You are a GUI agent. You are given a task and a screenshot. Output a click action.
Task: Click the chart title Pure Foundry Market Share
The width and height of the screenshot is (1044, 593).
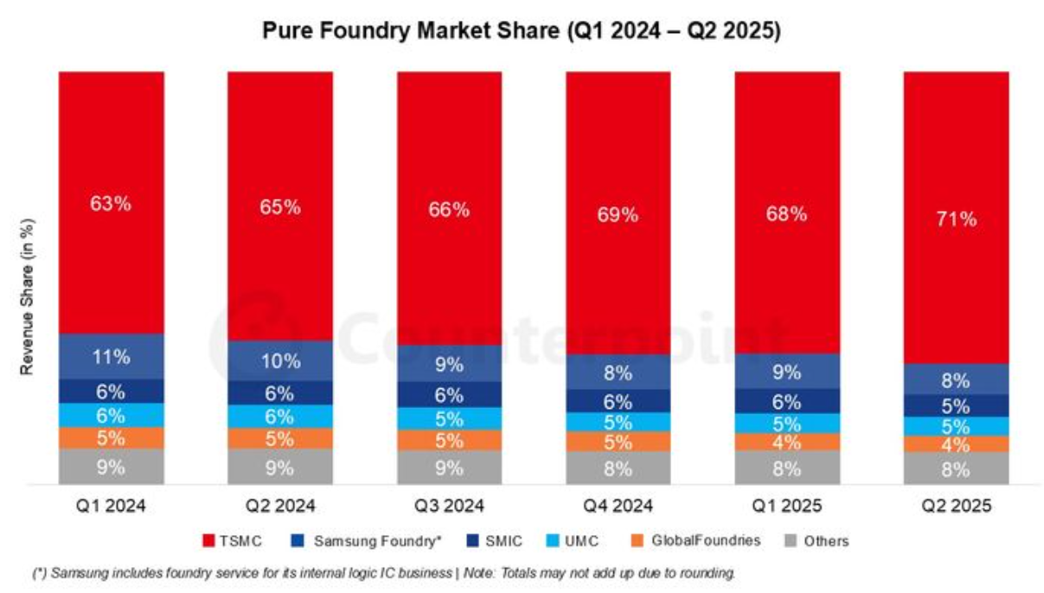411,31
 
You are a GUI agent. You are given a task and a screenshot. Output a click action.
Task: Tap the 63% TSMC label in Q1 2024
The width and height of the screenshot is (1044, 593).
111,203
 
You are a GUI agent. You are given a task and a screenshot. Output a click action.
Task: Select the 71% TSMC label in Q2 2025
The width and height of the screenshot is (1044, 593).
957,219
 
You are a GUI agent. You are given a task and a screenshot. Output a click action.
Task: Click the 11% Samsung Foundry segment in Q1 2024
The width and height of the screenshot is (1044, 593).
112,356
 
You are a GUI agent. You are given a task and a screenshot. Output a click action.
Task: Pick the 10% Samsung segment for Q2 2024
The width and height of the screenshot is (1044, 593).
280,361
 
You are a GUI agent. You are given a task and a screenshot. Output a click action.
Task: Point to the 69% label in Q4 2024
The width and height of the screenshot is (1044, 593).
618,214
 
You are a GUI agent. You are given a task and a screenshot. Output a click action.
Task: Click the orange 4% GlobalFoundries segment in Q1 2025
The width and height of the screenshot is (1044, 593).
787,442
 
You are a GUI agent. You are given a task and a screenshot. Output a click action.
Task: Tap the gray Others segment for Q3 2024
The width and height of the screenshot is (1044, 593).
449,468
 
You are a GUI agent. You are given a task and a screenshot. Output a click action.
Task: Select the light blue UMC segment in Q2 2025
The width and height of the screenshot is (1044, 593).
957,427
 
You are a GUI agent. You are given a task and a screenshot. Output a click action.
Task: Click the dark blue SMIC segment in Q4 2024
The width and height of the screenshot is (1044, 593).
618,401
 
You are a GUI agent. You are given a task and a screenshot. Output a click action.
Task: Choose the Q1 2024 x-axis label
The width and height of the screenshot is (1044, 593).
111,506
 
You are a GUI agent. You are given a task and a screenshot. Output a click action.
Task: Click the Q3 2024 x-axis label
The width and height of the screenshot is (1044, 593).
449,506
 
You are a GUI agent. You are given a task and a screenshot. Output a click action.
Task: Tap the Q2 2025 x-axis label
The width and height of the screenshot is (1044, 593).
957,506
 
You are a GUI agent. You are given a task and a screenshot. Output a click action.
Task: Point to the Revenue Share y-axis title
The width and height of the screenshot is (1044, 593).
27,296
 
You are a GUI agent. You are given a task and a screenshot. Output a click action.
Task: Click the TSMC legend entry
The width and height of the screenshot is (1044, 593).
232,541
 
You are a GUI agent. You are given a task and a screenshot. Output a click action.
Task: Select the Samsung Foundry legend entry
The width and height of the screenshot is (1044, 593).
366,541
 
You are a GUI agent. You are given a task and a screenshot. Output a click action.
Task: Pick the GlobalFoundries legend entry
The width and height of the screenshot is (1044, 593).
695,540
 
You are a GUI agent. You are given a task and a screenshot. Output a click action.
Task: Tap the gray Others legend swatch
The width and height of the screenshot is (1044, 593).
791,541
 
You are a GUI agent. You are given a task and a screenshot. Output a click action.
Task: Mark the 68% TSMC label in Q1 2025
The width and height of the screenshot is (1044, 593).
787,214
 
